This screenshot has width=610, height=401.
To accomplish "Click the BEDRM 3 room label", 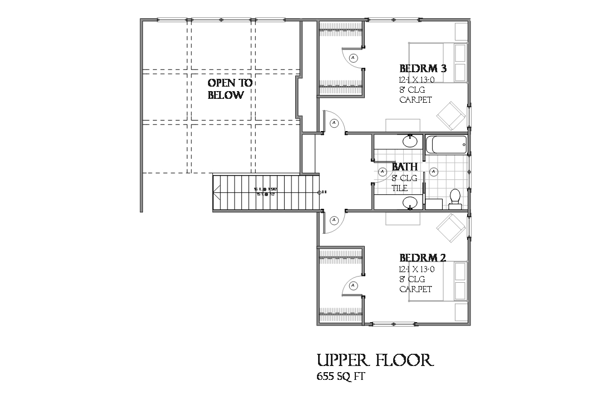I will [423, 69].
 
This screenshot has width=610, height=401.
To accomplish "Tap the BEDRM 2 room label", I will [423, 258].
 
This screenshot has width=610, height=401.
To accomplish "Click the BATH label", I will [405, 167].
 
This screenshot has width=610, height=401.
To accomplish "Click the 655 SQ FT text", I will [340, 377].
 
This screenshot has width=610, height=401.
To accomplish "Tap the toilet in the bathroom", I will [455, 198].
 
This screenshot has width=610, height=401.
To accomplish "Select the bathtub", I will [446, 146].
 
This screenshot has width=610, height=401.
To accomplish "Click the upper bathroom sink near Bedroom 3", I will [410, 141].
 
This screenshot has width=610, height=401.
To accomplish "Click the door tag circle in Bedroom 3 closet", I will [353, 57].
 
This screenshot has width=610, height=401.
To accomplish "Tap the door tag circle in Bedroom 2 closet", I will [353, 287].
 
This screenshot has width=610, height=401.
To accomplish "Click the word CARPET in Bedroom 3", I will [416, 101].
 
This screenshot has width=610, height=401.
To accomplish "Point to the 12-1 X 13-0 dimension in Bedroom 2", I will [416, 269].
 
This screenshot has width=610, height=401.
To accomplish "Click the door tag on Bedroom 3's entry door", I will [334, 123].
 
